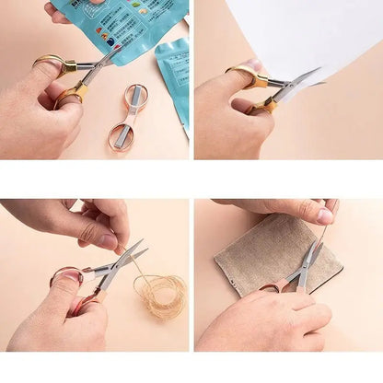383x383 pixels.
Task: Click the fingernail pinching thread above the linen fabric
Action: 325,216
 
